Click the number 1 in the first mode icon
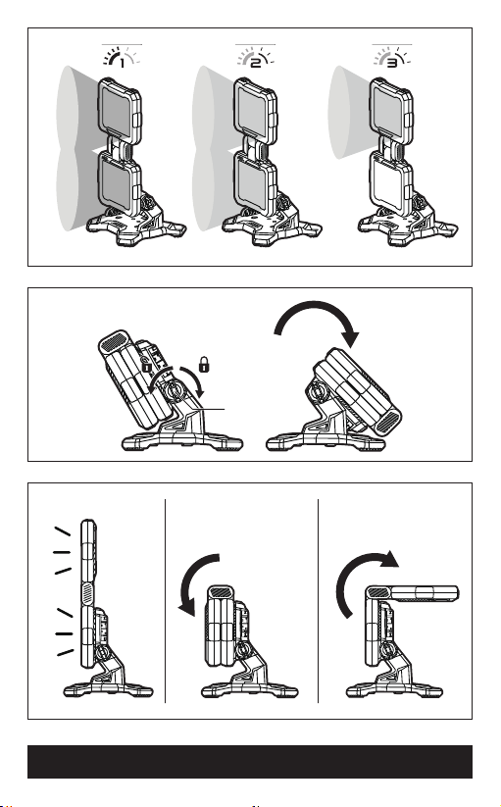tap(122, 64)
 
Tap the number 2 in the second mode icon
tap(256, 63)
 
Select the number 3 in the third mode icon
tap(392, 63)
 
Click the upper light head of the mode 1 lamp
tap(120, 111)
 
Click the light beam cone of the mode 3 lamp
tap(349, 112)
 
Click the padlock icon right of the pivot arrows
tap(204, 364)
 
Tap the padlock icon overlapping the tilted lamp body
tap(147, 366)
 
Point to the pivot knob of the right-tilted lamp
tap(318, 394)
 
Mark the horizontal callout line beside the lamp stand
tap(211, 409)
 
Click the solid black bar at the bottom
tap(250, 761)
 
